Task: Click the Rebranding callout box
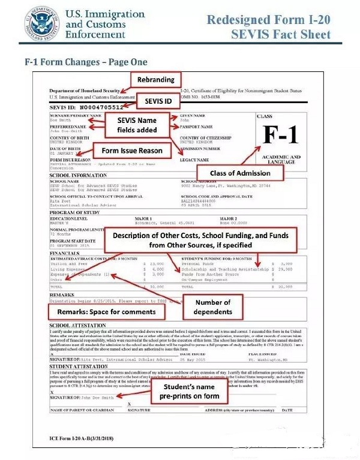(155, 79)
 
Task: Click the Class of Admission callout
(239, 173)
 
